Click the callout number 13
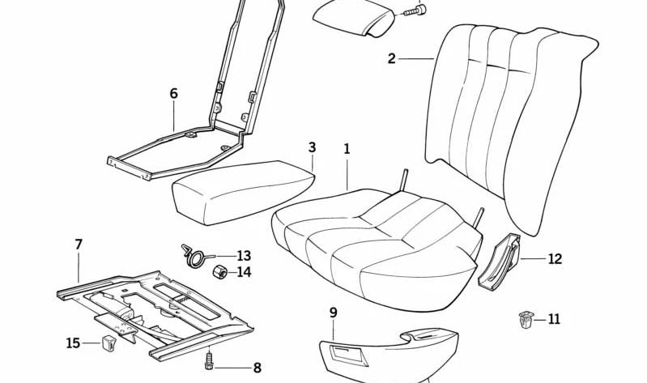click(244, 256)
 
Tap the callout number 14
click(244, 272)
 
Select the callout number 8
click(257, 368)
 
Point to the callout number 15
click(73, 343)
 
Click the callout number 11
click(554, 319)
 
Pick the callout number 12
click(555, 259)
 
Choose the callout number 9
click(334, 313)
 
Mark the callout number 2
click(392, 58)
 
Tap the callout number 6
click(174, 94)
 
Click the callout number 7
click(79, 245)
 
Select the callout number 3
click(312, 147)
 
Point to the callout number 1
click(347, 149)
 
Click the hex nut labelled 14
click(220, 272)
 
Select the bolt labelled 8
click(209, 361)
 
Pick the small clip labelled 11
click(526, 320)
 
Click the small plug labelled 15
click(108, 343)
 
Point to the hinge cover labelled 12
click(500, 262)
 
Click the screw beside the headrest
click(414, 11)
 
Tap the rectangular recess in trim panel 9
click(346, 354)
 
